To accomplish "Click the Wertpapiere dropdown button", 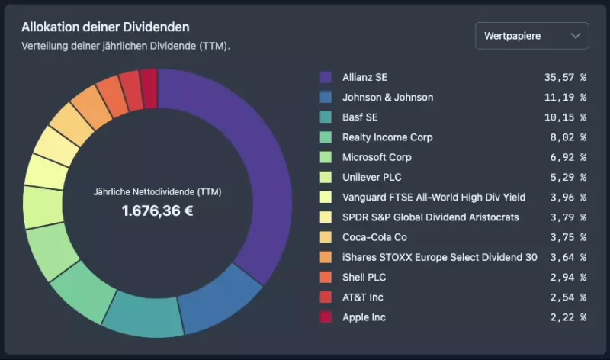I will coord(531,36).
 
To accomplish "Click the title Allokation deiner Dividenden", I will coord(105,27).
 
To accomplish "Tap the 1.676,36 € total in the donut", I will coord(157,210).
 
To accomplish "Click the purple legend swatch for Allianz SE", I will coord(326,77).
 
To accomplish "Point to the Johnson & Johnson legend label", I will coord(387,97).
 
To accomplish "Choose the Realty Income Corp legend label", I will coord(387,137).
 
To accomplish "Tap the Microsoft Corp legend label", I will coord(377,157).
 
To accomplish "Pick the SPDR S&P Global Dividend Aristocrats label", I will coord(431,217).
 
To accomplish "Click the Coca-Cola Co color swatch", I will coord(326,237).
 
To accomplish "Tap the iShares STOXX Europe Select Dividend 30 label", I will coord(440,257).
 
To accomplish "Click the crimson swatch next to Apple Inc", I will coord(326,317).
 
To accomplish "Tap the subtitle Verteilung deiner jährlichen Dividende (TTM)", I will coord(126,46).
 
